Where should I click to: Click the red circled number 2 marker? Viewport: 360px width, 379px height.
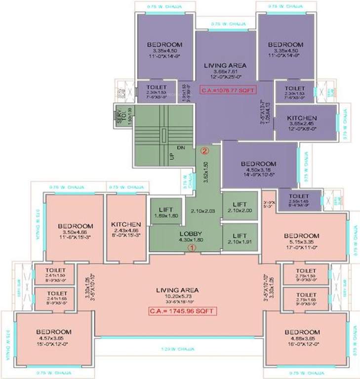pos(202,150)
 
